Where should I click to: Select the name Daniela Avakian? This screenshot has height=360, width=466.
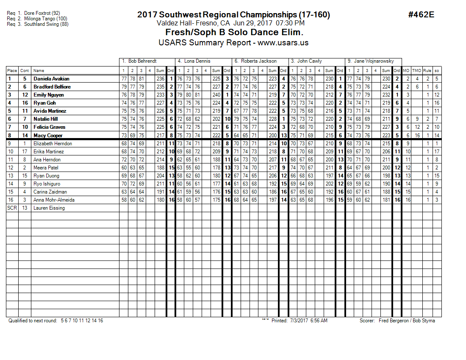pos(51,79)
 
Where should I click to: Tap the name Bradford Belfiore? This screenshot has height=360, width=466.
pos(52,87)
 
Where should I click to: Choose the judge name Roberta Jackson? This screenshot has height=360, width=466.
pos(259,61)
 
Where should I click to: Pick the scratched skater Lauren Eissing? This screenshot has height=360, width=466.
pos(49,208)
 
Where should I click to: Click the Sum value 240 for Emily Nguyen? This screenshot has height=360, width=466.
pos(216,95)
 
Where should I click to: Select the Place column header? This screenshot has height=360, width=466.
pos(12,71)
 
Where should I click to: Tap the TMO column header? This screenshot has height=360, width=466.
pos(417,71)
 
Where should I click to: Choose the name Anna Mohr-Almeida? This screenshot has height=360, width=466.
pos(53,200)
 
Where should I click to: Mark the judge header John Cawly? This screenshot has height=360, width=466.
pos(309,61)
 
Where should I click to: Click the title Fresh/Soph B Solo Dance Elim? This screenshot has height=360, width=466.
pos(234,33)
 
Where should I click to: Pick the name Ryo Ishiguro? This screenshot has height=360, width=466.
pos(47,184)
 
